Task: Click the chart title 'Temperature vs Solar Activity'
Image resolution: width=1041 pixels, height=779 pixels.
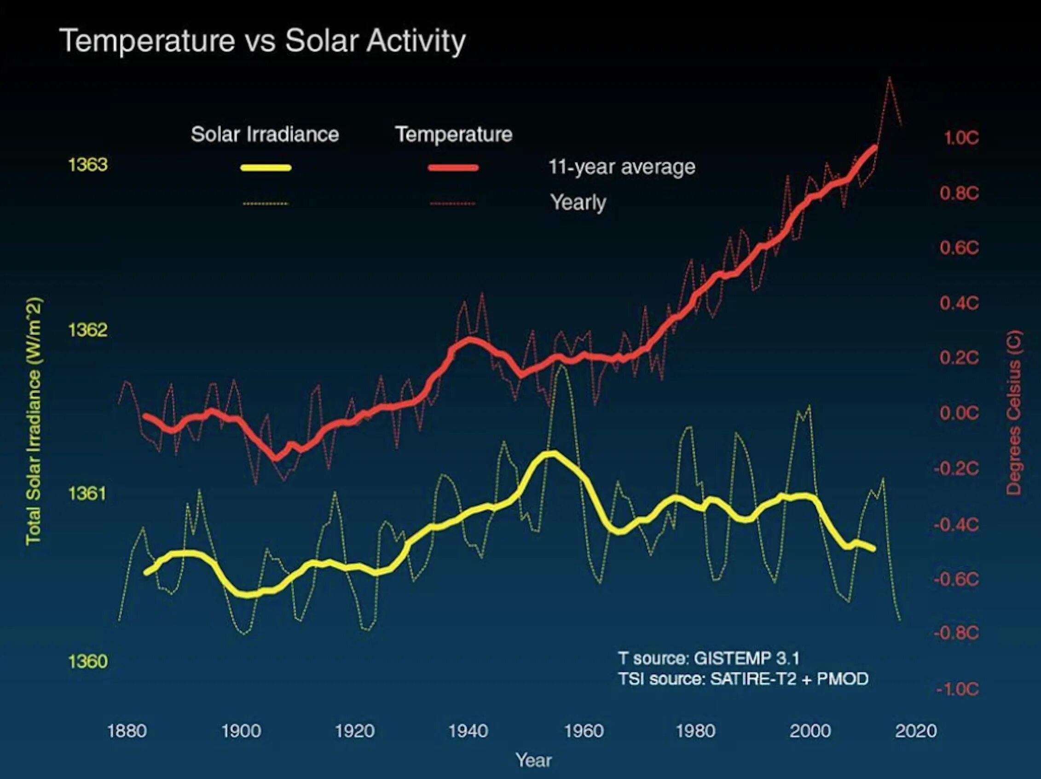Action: click(x=262, y=41)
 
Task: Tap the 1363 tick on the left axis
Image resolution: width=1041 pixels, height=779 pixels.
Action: click(x=87, y=165)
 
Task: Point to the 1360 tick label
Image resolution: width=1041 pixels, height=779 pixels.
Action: click(x=87, y=662)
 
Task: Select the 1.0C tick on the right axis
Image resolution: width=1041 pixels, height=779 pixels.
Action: click(x=961, y=138)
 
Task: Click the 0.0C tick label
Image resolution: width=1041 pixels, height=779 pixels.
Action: click(x=959, y=413)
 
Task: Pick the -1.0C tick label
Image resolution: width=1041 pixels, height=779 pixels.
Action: click(x=957, y=690)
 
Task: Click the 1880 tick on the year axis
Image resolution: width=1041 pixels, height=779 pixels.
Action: click(x=127, y=731)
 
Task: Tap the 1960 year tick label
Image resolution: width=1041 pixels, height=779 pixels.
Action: click(x=584, y=731)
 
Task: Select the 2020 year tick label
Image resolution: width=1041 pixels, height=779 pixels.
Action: click(x=916, y=731)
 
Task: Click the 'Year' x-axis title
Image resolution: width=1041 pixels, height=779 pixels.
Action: click(x=533, y=760)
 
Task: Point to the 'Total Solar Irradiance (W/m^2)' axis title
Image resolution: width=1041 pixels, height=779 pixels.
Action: click(x=34, y=421)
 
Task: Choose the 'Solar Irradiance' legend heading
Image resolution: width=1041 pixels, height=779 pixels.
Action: click(x=265, y=134)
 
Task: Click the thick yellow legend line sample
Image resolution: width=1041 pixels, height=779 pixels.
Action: click(x=266, y=168)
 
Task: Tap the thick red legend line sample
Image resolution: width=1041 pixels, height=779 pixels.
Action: click(x=453, y=168)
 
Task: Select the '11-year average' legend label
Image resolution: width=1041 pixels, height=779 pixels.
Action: click(x=622, y=167)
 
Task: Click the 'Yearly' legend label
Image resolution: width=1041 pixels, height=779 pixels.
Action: click(x=578, y=203)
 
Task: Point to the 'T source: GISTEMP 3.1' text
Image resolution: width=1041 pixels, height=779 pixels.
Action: click(x=709, y=658)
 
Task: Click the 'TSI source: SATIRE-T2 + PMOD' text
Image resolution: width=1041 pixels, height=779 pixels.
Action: click(x=743, y=679)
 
